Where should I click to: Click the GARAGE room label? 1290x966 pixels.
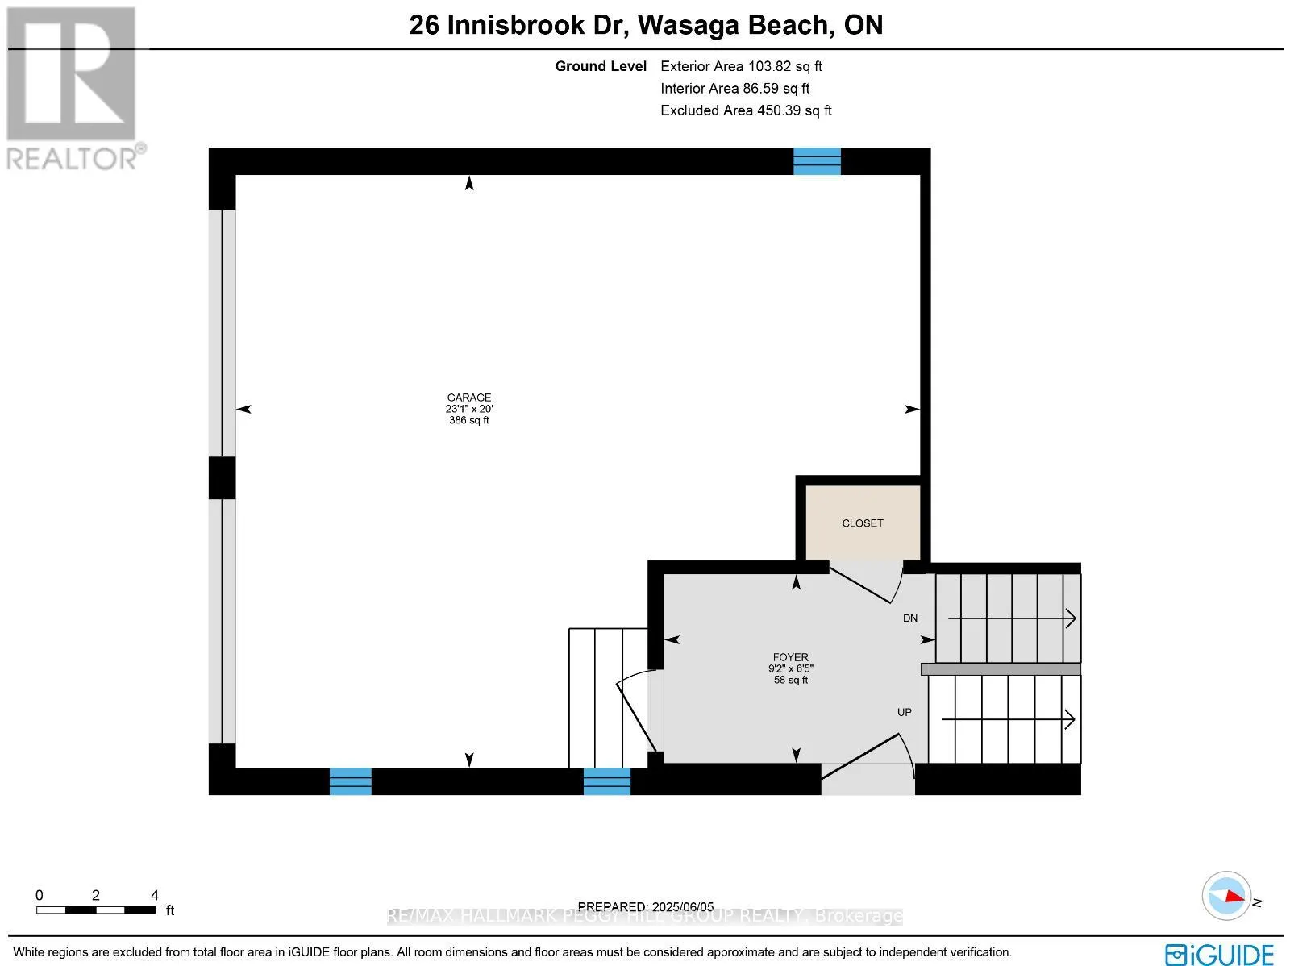[469, 398]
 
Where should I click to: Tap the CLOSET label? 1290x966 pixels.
[862, 523]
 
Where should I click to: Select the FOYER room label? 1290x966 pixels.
[790, 657]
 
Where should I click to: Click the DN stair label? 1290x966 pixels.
[910, 618]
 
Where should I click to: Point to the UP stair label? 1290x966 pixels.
[905, 712]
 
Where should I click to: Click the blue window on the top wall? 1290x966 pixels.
[817, 161]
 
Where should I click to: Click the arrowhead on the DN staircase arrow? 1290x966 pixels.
[1072, 618]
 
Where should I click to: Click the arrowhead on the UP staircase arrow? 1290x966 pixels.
[1071, 719]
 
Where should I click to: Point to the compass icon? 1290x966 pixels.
[1225, 895]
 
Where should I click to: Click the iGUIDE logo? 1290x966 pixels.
[1219, 955]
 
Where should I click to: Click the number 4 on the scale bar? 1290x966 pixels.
[155, 895]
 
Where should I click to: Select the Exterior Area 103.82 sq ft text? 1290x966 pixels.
[741, 66]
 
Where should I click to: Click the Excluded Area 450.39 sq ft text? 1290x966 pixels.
[746, 110]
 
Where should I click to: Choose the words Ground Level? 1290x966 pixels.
[601, 66]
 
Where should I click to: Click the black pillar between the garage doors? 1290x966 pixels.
[222, 477]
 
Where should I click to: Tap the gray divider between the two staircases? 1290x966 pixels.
[1000, 669]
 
